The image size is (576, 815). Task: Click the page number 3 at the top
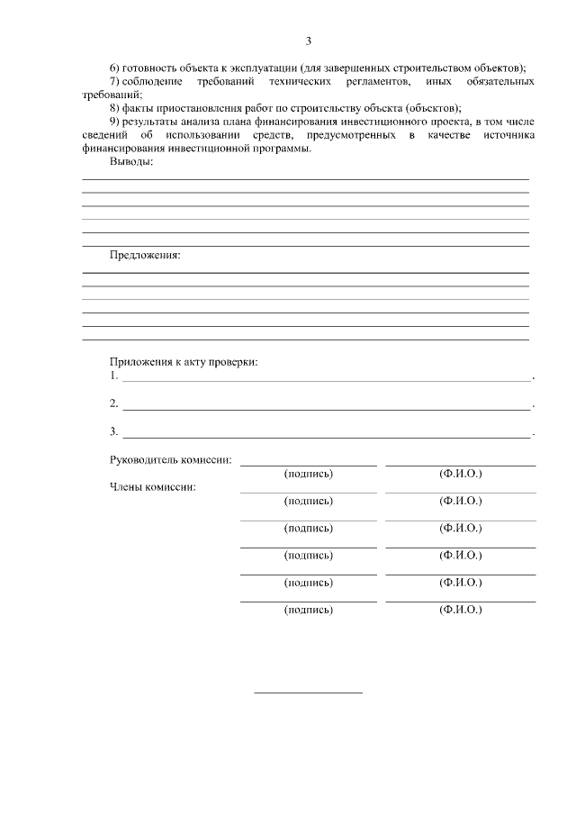(308, 41)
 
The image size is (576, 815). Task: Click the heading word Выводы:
(131, 162)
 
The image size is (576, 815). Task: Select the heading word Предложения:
(145, 255)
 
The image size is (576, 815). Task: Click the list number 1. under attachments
(113, 376)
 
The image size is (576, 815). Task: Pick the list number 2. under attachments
(113, 403)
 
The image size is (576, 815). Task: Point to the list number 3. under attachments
(113, 431)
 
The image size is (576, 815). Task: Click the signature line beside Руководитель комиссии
(308, 465)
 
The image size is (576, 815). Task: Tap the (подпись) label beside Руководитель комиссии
(308, 473)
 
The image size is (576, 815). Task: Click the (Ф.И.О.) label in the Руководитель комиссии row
(461, 473)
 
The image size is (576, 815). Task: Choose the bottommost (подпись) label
(308, 610)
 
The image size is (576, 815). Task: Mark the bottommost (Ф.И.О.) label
(461, 610)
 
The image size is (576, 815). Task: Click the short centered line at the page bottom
(308, 693)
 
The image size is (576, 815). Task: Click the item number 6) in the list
(114, 68)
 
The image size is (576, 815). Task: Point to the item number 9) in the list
(114, 122)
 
